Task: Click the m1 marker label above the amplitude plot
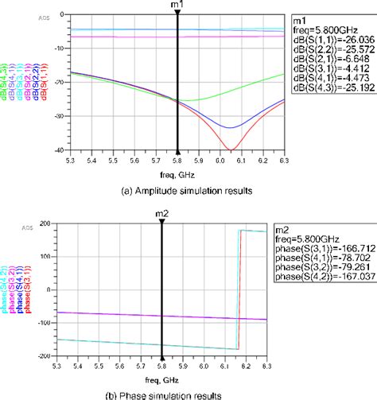(x=179, y=6)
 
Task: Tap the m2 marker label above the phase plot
(x=162, y=213)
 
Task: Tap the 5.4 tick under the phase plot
(x=77, y=366)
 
